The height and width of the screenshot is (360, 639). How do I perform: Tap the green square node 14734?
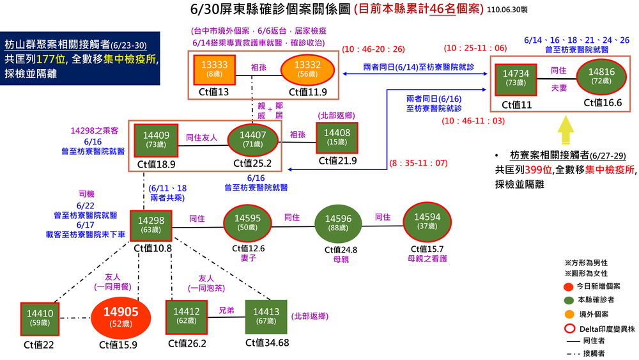point(516,78)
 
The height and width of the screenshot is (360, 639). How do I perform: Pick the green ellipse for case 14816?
point(601,77)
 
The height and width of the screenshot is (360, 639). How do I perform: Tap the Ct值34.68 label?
point(267,343)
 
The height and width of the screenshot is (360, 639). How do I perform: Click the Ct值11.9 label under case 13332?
point(308,92)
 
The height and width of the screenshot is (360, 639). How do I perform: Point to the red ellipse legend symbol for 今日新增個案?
point(568,286)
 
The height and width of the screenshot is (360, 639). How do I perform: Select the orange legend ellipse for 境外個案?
point(568,314)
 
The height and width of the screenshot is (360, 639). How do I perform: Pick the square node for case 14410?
point(40,318)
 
